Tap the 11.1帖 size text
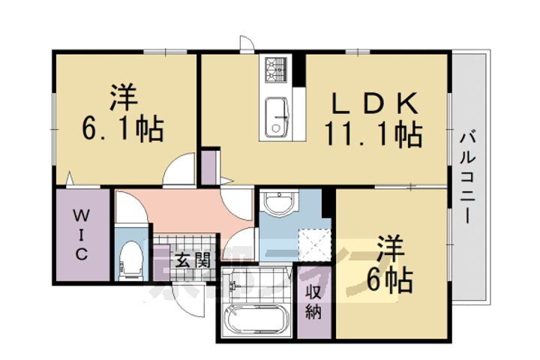click(x=372, y=135)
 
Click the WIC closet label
click(x=82, y=235)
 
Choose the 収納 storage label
click(x=313, y=301)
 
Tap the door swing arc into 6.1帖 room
click(x=178, y=169)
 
